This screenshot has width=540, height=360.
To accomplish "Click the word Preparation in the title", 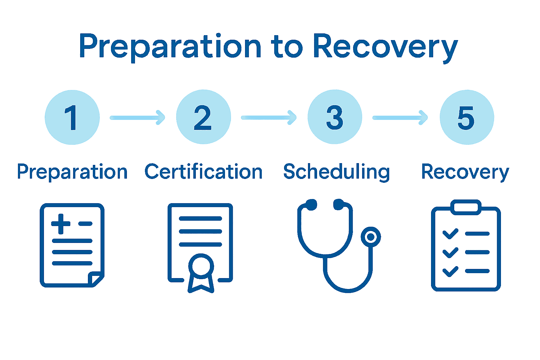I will point(170,46).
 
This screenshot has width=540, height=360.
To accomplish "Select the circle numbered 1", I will point(72,117).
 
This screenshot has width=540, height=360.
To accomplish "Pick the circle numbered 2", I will point(203,117).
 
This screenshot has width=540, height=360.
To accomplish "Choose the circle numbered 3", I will point(335,117).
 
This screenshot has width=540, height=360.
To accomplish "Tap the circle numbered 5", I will point(467,117).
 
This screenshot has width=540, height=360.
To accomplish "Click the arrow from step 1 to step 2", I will point(137,117).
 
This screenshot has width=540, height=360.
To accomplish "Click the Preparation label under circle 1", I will point(72,172).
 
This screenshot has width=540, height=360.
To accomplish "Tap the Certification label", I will point(203,172).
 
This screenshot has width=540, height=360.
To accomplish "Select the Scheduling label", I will point(336,172).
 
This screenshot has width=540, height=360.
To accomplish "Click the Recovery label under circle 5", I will point(465,172).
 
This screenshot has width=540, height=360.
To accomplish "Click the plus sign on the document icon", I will point(61,224).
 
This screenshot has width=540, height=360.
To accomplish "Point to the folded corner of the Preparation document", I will point(95,279).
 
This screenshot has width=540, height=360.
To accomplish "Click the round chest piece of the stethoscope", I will point(371,237).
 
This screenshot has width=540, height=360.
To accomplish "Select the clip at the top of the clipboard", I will point(466,207).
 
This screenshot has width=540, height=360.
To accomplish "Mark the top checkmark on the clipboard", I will point(450,233).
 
